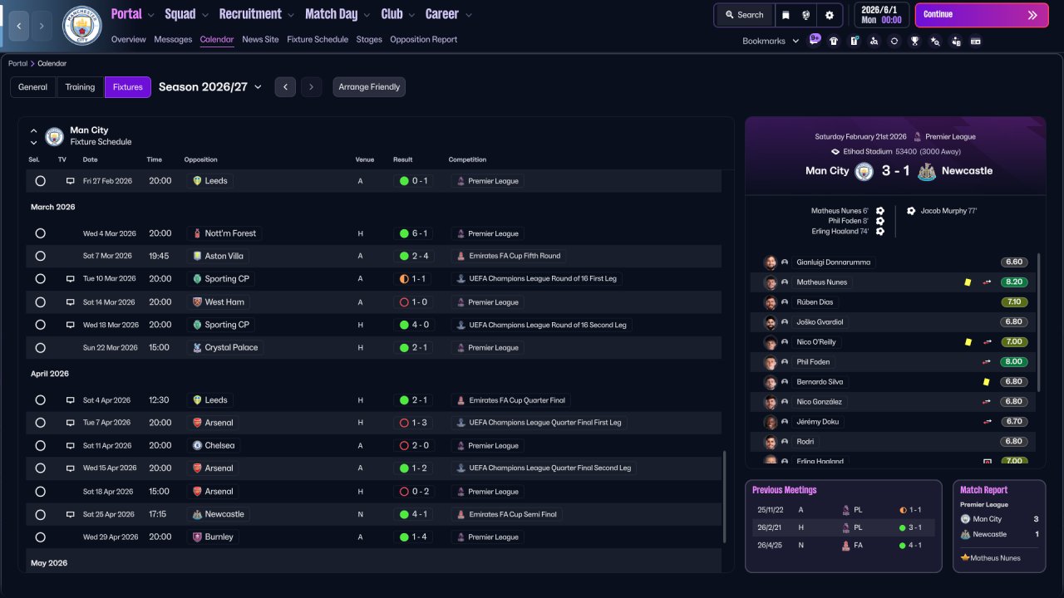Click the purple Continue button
982,15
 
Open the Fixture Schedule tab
318,39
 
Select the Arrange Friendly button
369,87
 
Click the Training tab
80,87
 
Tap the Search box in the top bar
744,15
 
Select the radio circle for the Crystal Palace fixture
41,348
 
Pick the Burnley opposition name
219,537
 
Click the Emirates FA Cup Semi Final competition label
513,514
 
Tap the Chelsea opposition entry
219,445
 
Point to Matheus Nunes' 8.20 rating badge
1013,282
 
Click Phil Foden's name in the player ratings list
813,361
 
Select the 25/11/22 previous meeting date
770,510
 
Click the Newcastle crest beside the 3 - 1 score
926,171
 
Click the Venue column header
364,159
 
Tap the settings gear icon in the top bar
830,15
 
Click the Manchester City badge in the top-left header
81,25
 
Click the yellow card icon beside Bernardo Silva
986,381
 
